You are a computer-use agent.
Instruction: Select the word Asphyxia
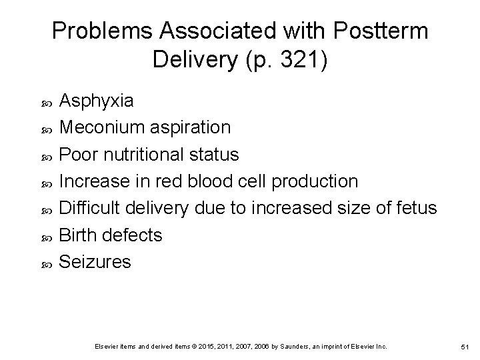(97, 101)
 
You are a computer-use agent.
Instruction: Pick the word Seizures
(95, 262)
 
